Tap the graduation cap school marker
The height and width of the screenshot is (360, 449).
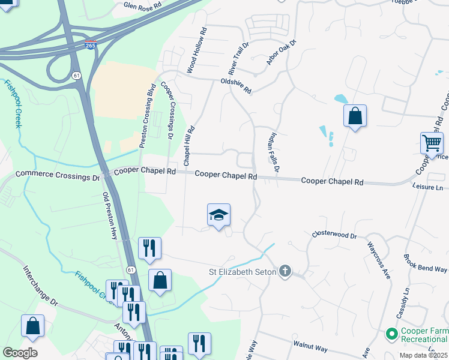point(219,215)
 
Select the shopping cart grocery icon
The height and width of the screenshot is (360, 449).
point(432,145)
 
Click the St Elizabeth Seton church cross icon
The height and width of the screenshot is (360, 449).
point(285,272)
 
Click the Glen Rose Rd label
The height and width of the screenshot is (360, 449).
point(143,6)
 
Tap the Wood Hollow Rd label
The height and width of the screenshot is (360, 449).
point(196,50)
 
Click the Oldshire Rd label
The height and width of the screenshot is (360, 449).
point(236,86)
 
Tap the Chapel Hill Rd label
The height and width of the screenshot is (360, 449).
point(190,146)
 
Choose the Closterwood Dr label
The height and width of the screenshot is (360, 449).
point(334,236)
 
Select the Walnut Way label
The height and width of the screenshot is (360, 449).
point(310,346)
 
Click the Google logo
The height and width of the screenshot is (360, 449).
point(20,353)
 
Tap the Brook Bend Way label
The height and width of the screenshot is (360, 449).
point(426,262)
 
